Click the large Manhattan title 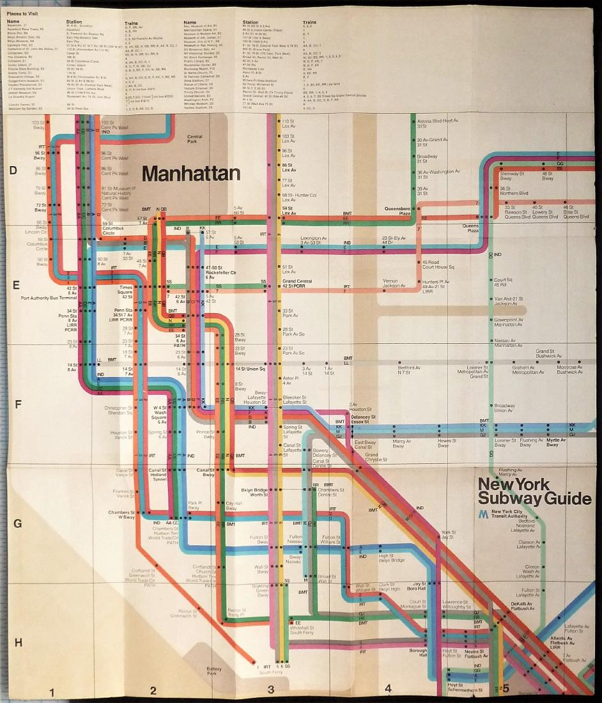(x=183, y=173)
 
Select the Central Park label (x=195, y=138)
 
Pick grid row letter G (x=18, y=524)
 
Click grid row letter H (x=18, y=642)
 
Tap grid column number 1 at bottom (x=52, y=690)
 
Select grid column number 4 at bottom (x=387, y=689)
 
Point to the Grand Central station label (x=297, y=284)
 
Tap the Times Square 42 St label (x=126, y=292)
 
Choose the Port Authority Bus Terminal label (x=49, y=298)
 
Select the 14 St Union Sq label (x=249, y=369)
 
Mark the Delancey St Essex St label (x=363, y=420)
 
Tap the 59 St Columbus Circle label (x=112, y=226)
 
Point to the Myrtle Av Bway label (x=552, y=442)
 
